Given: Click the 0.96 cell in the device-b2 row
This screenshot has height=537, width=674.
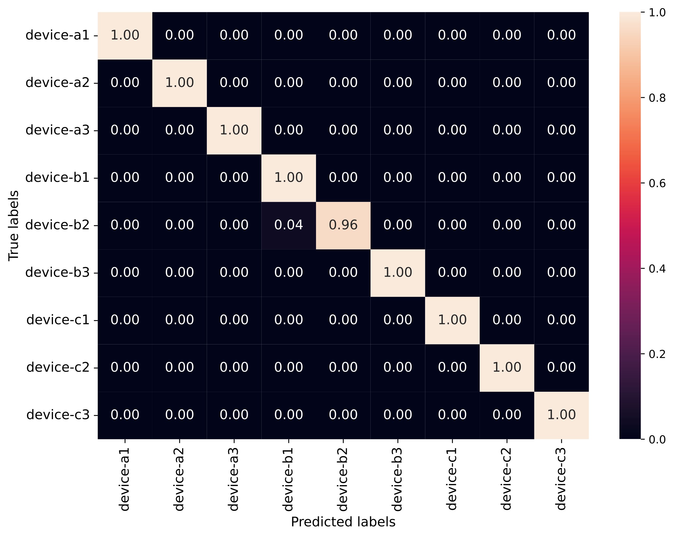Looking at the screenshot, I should tap(343, 225).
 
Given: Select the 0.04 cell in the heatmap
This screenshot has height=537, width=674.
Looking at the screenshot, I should tap(289, 225).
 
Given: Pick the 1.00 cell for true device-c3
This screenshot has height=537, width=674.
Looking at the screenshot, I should tap(561, 415).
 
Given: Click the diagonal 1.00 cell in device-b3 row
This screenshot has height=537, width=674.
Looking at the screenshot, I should tap(398, 272).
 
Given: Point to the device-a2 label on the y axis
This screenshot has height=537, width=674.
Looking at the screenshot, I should tap(57, 83).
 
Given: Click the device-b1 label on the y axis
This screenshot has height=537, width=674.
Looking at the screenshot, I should tap(57, 178).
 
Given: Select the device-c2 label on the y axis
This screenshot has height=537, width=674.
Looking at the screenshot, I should tap(58, 367).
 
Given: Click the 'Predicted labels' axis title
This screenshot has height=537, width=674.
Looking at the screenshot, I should tap(343, 522).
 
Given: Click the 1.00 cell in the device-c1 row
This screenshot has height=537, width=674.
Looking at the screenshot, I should tap(452, 320).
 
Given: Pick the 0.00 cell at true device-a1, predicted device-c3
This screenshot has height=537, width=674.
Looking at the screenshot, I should tap(561, 35).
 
